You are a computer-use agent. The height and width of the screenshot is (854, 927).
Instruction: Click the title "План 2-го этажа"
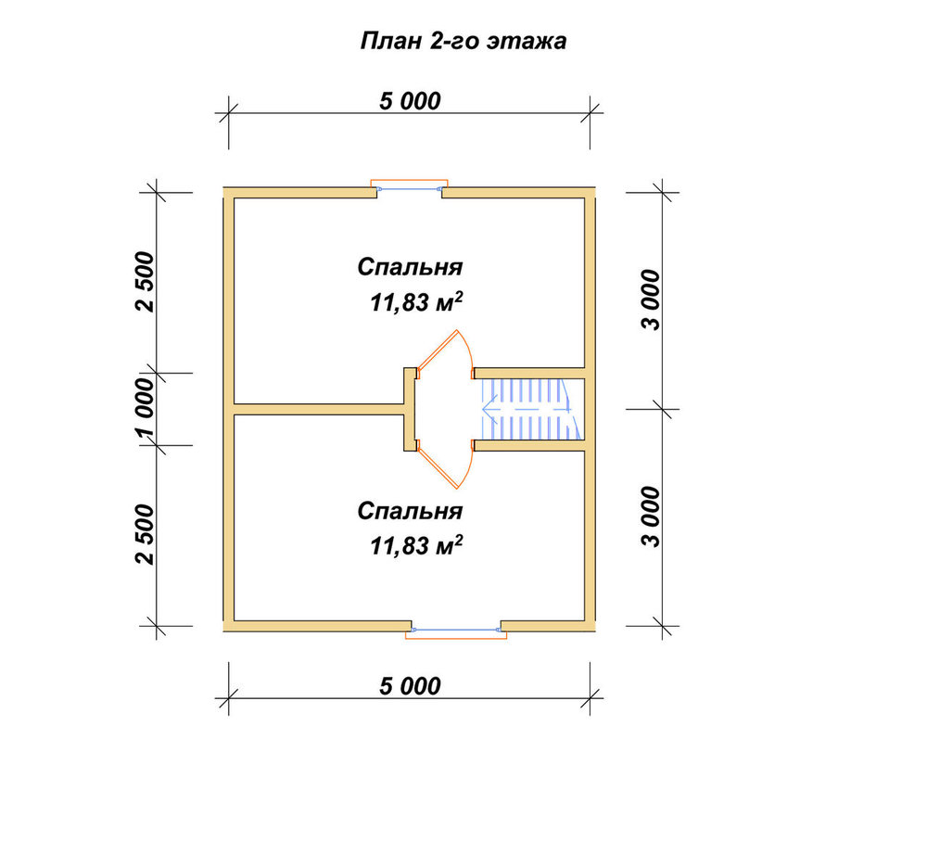[x=463, y=41]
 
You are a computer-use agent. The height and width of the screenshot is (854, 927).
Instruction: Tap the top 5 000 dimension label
[x=410, y=101]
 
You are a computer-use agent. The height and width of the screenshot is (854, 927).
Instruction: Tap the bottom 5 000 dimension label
[x=410, y=686]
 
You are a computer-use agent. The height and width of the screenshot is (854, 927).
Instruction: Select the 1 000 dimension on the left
[x=145, y=409]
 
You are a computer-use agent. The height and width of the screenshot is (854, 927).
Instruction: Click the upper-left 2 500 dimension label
[x=145, y=282]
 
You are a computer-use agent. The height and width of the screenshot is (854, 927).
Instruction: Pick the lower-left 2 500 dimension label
[x=145, y=535]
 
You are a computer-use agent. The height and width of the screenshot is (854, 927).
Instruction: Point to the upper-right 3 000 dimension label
[x=652, y=300]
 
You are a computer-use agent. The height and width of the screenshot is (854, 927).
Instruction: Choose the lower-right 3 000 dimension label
[x=652, y=516]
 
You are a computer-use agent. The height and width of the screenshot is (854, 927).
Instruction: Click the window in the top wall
[x=409, y=187]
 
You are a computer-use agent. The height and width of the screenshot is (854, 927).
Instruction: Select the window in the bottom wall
[x=456, y=631]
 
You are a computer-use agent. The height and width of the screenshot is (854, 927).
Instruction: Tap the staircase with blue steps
[x=530, y=409]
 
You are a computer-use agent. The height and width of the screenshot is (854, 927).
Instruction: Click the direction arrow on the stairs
[x=527, y=409]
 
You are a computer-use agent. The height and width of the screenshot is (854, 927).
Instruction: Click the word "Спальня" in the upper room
[x=410, y=267]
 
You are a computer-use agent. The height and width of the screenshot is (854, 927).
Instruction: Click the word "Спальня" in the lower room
[x=410, y=511]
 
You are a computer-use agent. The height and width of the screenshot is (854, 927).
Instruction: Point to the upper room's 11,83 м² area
[x=416, y=302]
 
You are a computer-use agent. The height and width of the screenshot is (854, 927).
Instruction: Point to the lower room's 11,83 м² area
[x=416, y=546]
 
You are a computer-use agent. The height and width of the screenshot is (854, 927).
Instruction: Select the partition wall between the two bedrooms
[x=319, y=409]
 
